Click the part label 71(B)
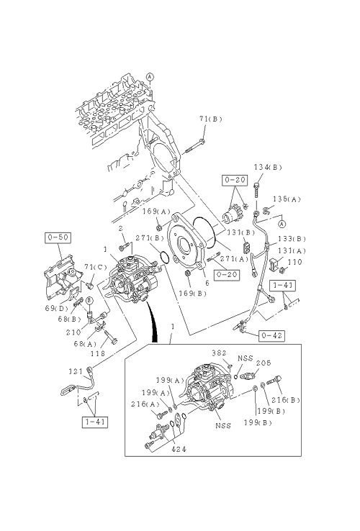210,119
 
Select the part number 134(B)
268,167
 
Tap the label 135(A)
287,199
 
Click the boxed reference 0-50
58,237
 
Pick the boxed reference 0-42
271,335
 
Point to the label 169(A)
156,212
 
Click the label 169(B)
192,294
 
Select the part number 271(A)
234,259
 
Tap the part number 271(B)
150,238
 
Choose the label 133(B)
292,239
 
